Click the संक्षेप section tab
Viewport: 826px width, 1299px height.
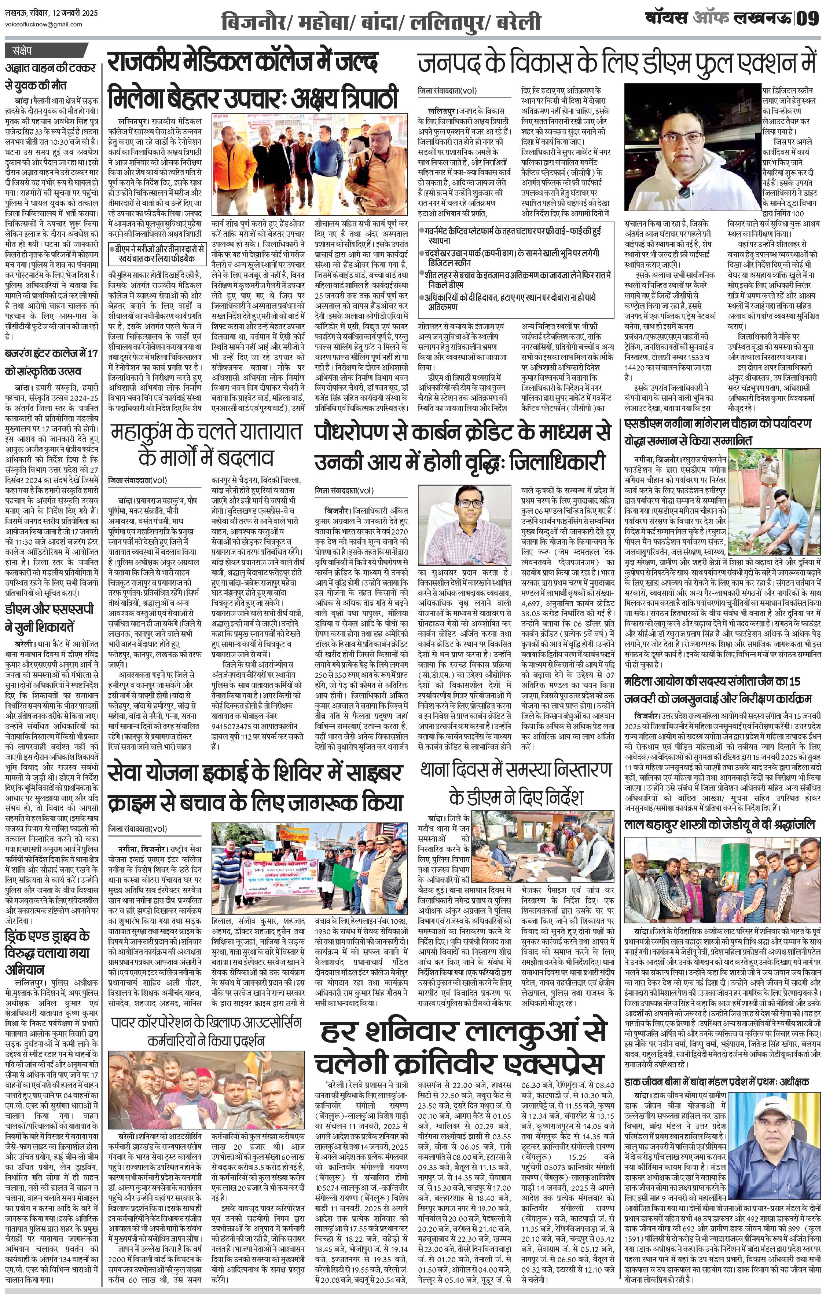21,52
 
